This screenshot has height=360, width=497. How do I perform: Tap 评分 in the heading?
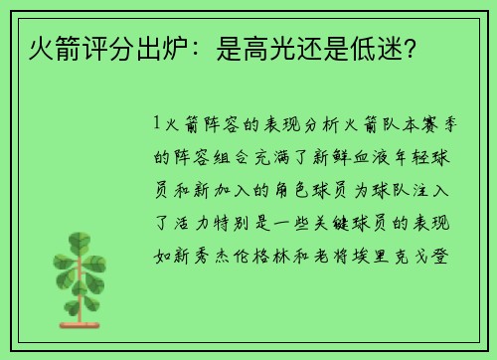[97, 47]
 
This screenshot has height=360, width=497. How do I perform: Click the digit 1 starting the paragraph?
[159, 125]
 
